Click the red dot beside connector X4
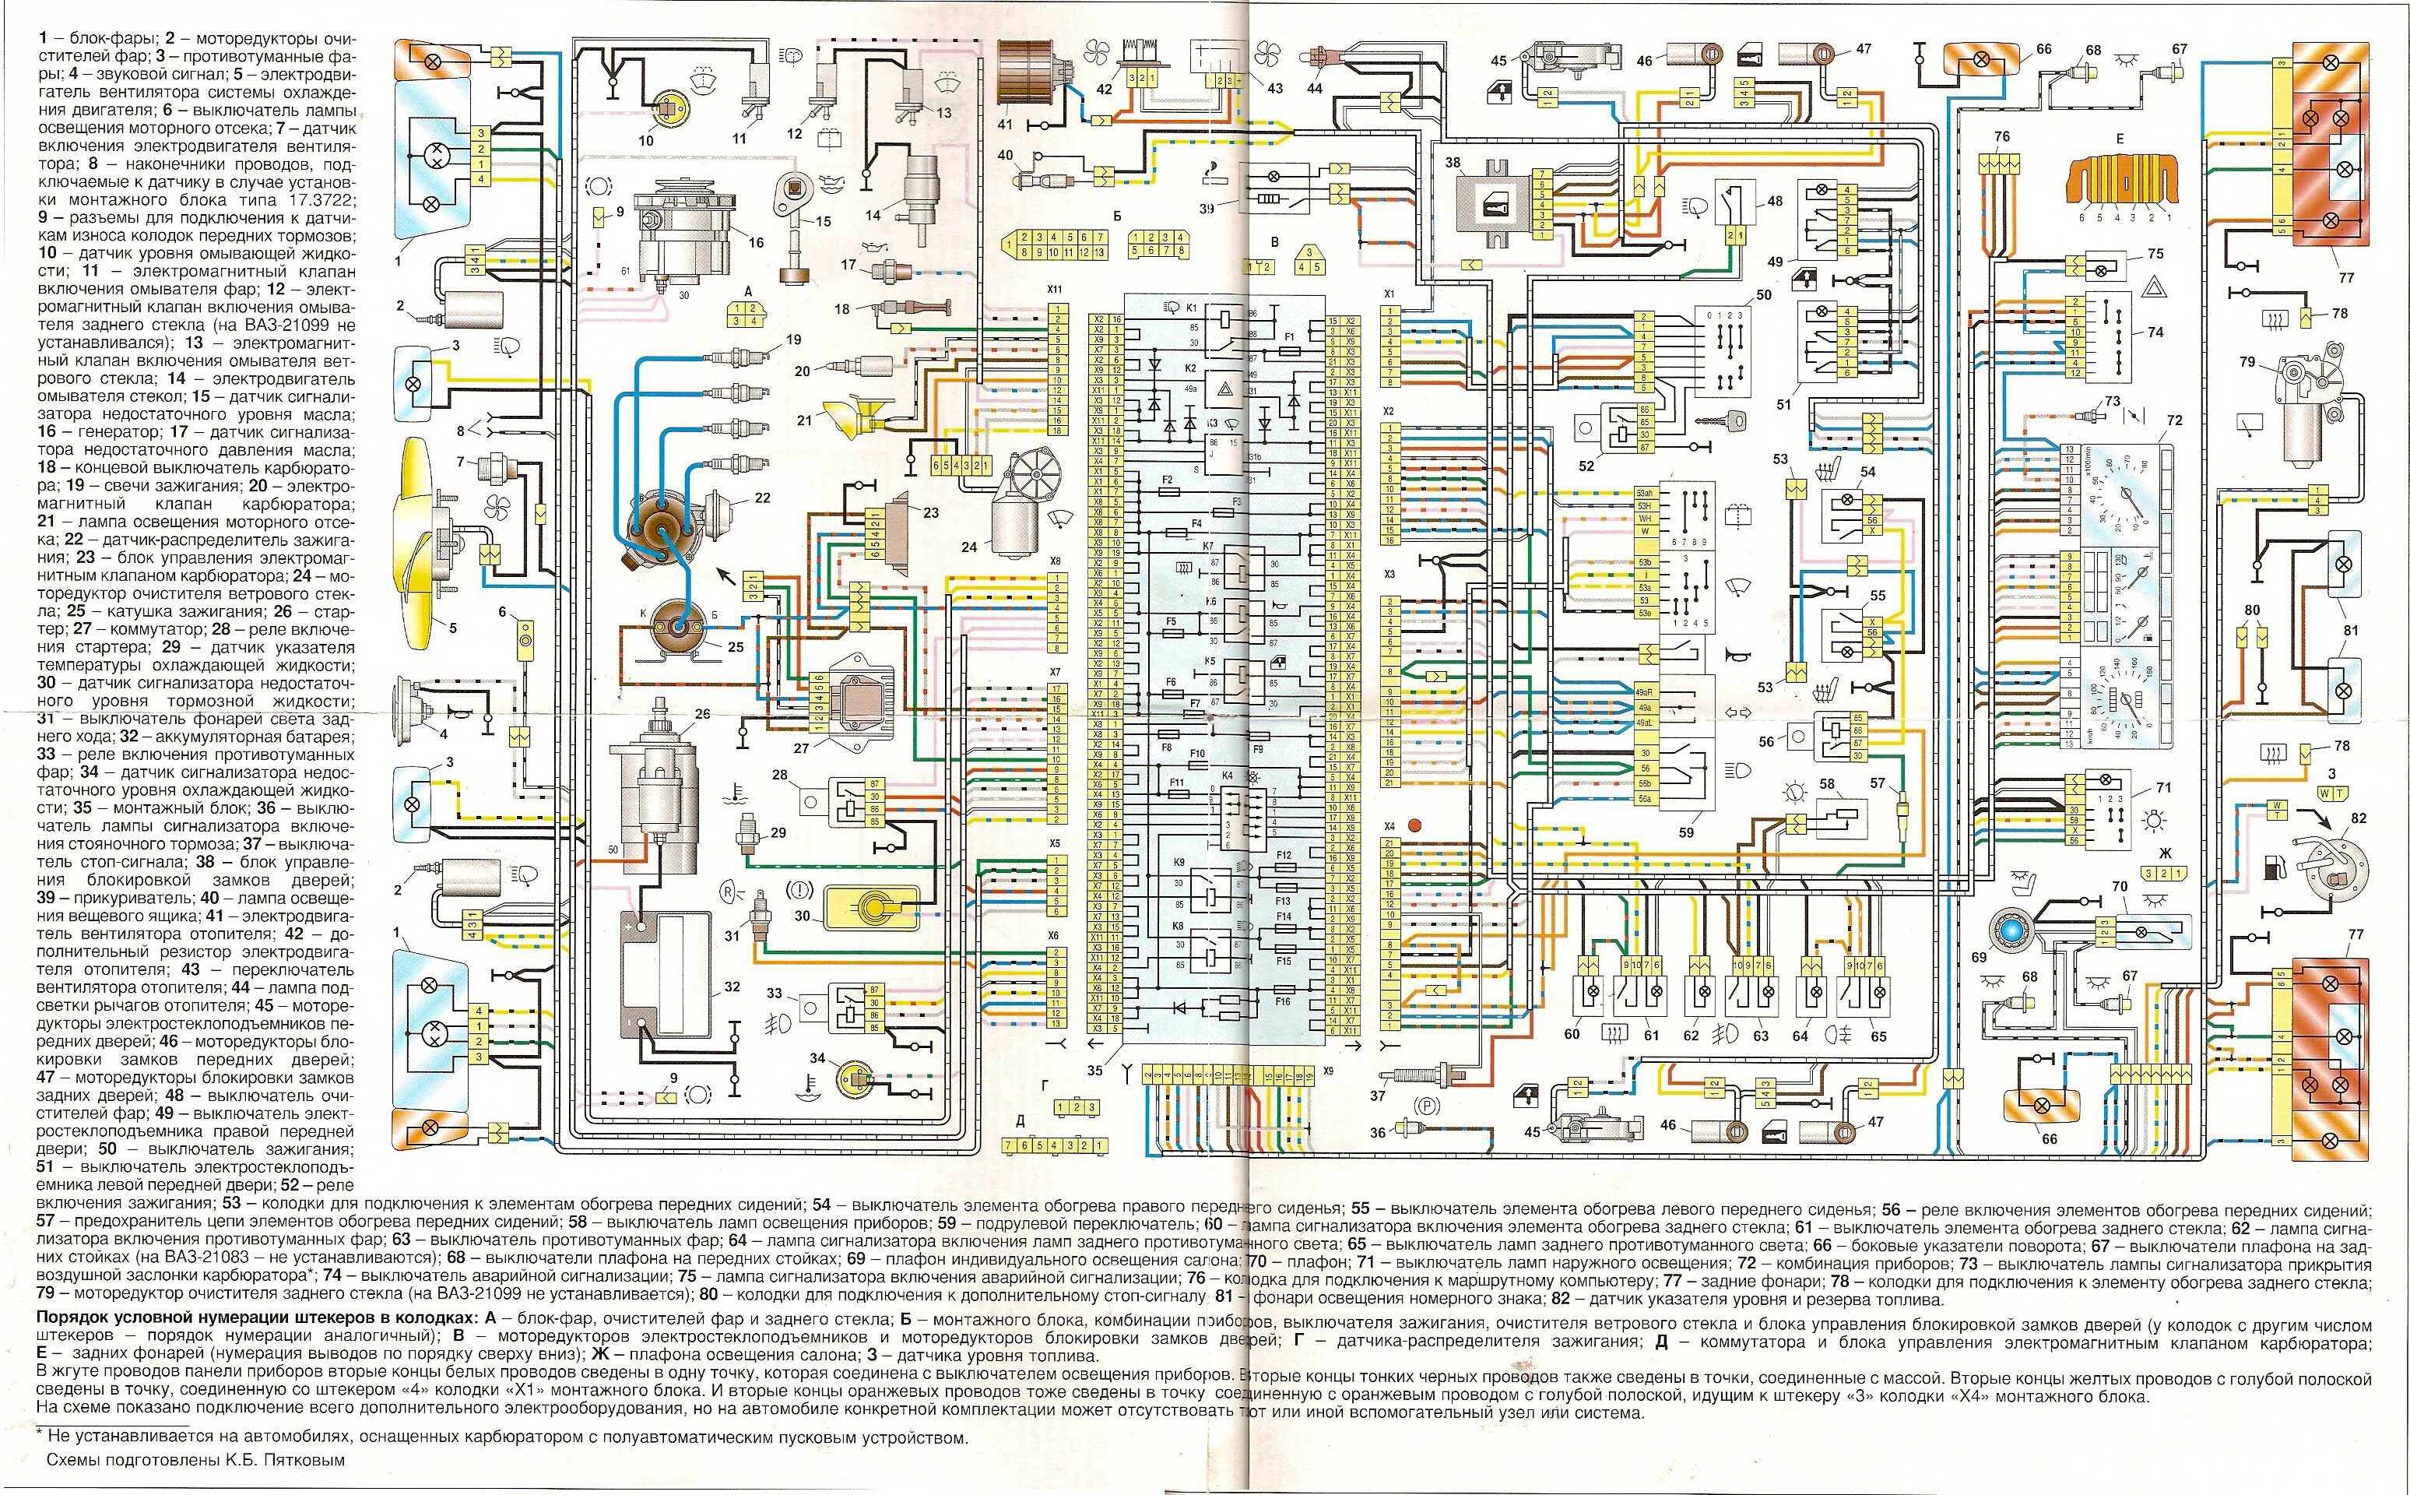click(x=1414, y=823)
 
